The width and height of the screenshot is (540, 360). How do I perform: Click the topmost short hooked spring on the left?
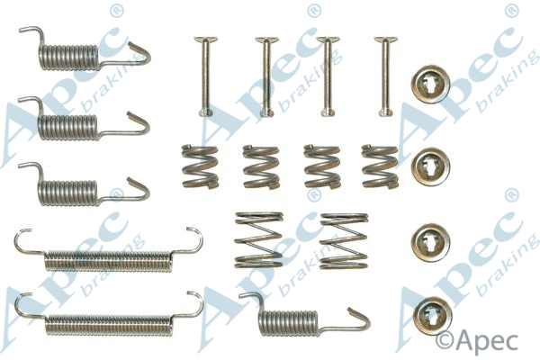click(67, 57)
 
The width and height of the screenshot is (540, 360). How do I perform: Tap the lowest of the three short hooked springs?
click(67, 188)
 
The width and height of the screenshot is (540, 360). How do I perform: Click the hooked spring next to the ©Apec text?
click(288, 320)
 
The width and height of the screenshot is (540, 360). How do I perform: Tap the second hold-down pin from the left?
click(265, 76)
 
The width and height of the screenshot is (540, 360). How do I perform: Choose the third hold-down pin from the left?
click(327, 76)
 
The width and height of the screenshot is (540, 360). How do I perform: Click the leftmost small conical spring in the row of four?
click(200, 166)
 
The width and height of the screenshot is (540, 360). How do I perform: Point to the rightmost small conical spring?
click(380, 166)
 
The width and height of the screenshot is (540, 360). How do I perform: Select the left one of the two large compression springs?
click(258, 240)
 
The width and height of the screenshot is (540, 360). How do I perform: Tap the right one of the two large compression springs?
click(343, 240)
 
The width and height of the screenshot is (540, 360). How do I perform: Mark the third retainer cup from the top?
click(429, 240)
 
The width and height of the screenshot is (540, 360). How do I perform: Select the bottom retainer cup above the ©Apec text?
click(429, 310)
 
